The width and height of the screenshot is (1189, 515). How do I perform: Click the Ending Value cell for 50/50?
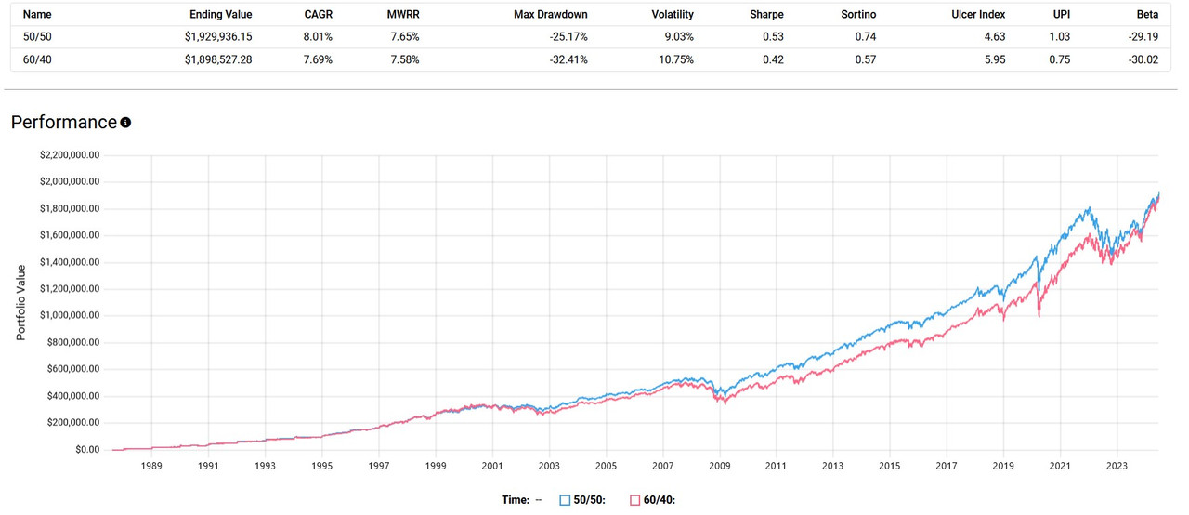click(x=212, y=37)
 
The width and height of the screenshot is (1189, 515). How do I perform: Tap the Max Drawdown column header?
click(x=551, y=15)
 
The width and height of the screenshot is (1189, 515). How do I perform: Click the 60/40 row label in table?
click(x=37, y=59)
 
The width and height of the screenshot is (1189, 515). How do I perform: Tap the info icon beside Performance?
click(x=125, y=123)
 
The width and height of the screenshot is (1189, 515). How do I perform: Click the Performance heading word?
click(x=63, y=123)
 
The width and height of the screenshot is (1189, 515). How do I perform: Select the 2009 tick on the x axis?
click(x=720, y=467)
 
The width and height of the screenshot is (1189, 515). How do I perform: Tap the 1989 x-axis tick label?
click(x=152, y=467)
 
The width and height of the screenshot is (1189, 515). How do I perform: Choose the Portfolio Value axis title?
click(x=20, y=302)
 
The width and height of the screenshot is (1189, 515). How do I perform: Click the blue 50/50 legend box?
click(x=565, y=500)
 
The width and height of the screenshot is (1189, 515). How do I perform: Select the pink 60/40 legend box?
click(x=635, y=500)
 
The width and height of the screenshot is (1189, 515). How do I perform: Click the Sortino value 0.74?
click(x=865, y=37)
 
